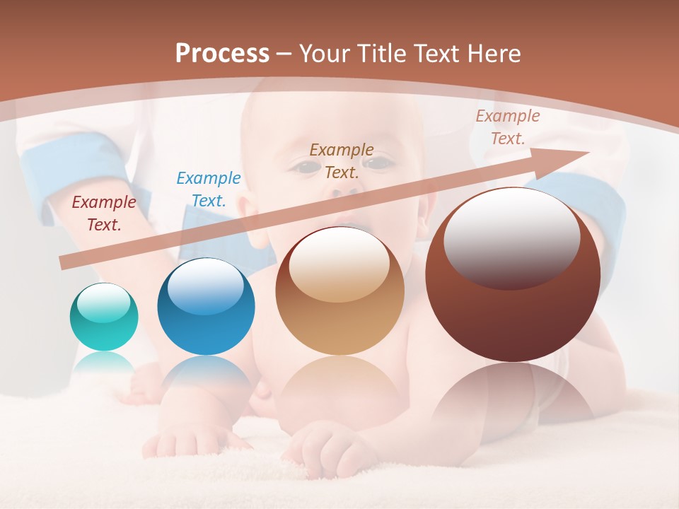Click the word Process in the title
222,53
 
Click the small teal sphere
104,317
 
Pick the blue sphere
206,307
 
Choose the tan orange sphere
339,291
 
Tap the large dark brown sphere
513,275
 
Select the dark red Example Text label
104,213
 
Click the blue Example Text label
209,189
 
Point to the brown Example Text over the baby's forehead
342,160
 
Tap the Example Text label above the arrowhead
507,127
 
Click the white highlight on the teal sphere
104,303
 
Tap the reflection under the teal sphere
104,363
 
